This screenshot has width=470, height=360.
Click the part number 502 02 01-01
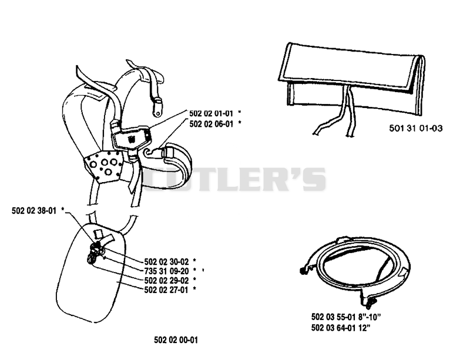point(211,113)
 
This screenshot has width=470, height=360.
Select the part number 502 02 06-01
point(211,123)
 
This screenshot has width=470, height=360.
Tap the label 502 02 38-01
point(34,211)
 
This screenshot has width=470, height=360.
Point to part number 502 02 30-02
point(167,262)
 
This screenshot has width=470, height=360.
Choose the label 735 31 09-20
point(167,271)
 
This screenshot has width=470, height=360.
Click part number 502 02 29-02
point(167,280)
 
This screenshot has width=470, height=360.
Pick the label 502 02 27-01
point(167,290)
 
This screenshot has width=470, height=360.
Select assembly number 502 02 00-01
point(176,340)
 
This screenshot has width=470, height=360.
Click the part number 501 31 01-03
point(416,128)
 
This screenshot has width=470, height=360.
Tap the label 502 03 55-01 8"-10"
point(346,317)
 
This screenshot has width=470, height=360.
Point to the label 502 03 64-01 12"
point(341,328)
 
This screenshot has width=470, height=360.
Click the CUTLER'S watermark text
point(234,179)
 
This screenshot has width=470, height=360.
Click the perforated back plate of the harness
point(103,166)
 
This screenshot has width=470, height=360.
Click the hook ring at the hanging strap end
point(157,110)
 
